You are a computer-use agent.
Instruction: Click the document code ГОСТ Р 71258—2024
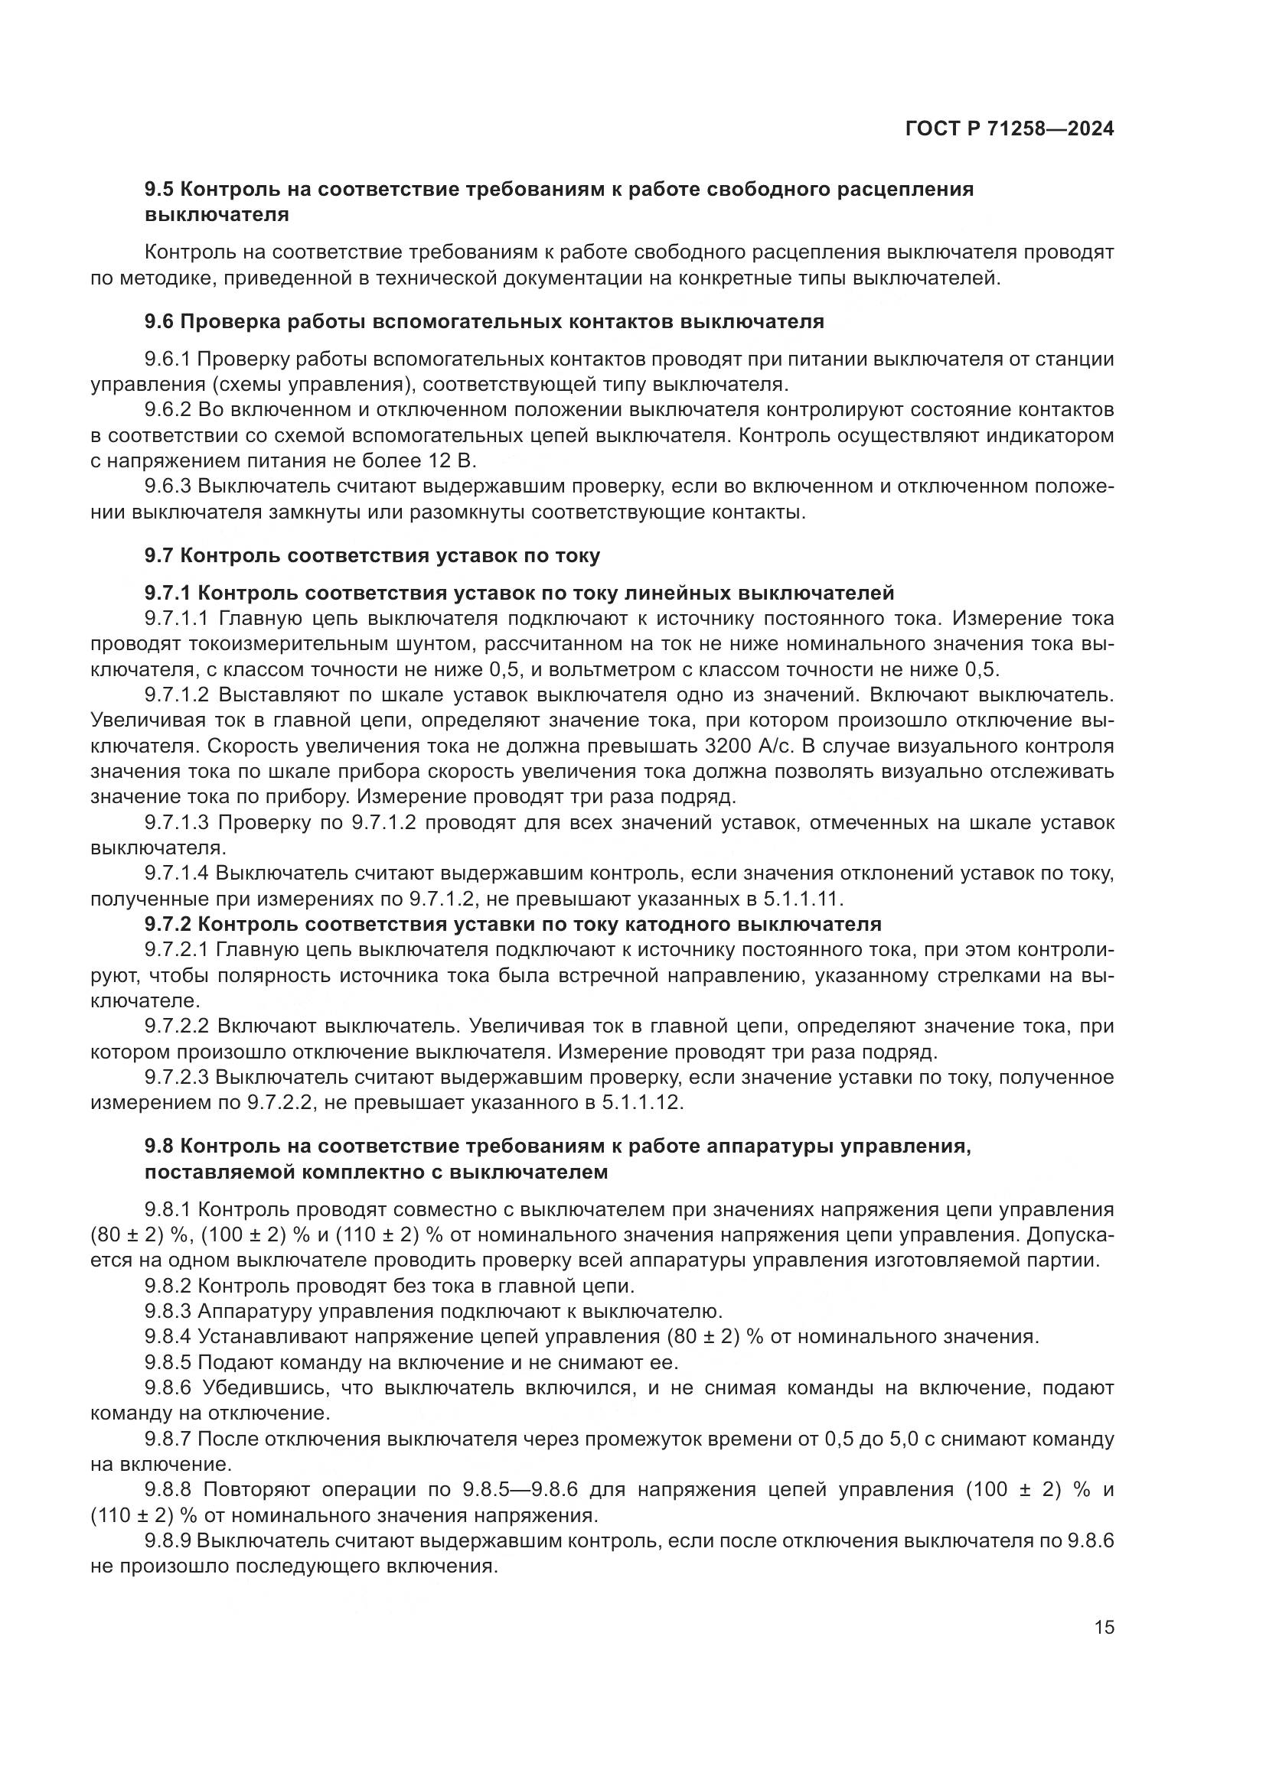coord(1010,129)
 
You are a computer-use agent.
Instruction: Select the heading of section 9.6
coord(483,321)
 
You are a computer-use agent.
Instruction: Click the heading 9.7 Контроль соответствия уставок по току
coord(372,555)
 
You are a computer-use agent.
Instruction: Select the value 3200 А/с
coord(749,747)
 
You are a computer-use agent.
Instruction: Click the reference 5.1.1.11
coord(802,899)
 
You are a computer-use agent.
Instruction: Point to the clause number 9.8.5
coord(168,1363)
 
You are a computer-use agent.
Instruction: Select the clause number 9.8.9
coord(168,1541)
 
